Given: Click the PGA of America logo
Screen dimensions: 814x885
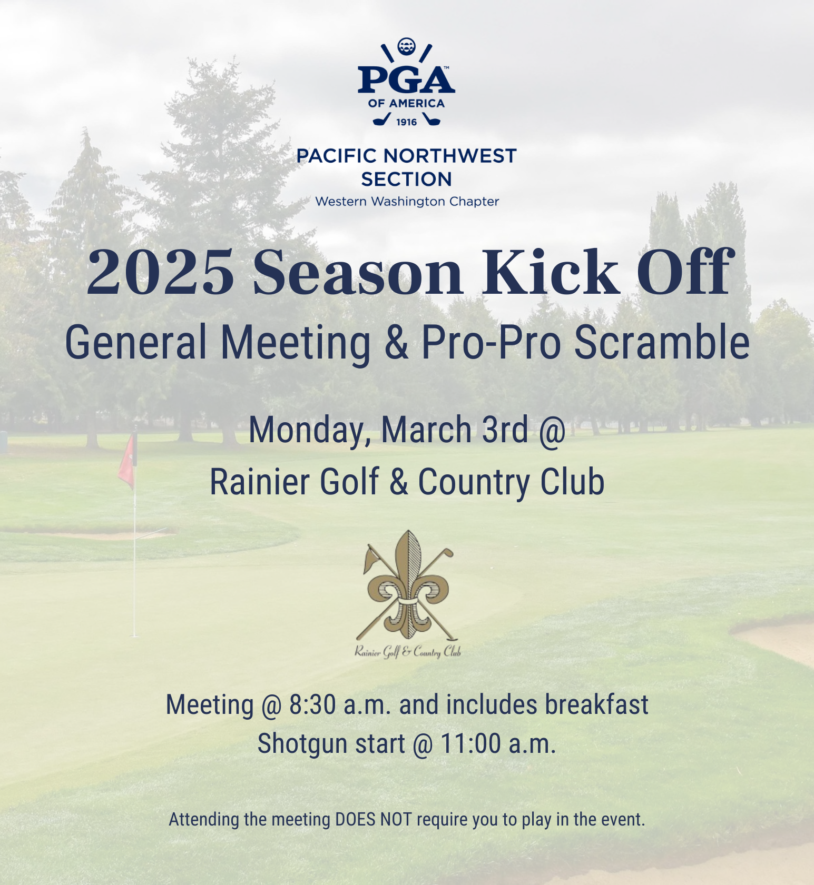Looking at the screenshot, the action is pyautogui.click(x=406, y=82).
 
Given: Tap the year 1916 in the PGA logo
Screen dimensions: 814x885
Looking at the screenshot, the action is pyautogui.click(x=406, y=122).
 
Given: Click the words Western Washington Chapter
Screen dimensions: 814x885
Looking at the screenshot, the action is pyautogui.click(x=407, y=202).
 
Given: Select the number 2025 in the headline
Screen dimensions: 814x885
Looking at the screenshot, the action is pyautogui.click(x=161, y=273).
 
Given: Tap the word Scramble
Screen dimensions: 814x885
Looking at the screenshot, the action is pyautogui.click(x=662, y=342).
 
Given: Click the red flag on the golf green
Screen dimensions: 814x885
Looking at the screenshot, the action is pyautogui.click(x=127, y=460).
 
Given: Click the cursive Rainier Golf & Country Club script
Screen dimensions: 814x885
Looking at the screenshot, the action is pyautogui.click(x=407, y=652).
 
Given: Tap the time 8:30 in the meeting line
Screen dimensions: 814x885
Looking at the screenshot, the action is pyautogui.click(x=312, y=705).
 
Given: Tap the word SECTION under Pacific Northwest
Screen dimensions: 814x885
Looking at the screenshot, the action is pyautogui.click(x=406, y=180).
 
